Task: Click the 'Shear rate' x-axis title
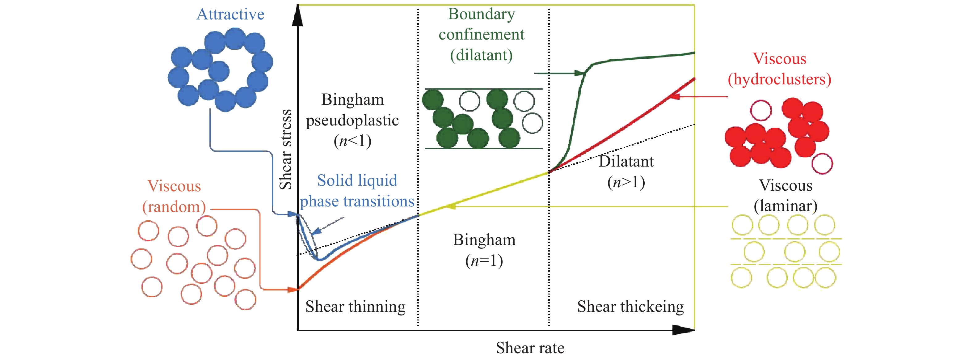click(530, 348)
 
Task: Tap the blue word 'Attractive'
click(230, 14)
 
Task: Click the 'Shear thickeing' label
click(630, 306)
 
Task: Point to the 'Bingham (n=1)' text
click(484, 250)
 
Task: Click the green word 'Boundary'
click(481, 14)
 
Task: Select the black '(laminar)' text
click(786, 206)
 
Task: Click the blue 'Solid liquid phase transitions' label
click(357, 191)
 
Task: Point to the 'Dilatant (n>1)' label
click(626, 172)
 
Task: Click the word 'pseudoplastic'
click(352, 121)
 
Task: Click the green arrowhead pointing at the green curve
click(580, 73)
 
